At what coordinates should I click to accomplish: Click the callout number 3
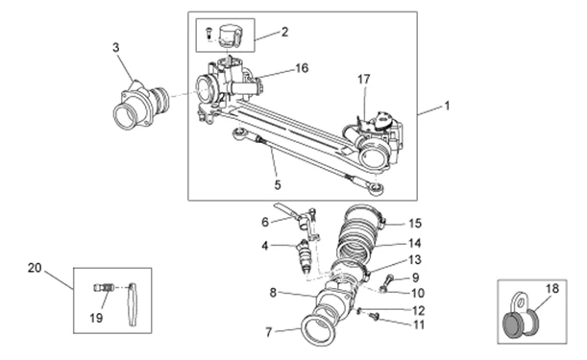coord(116,48)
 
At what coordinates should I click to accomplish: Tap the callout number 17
coord(363,80)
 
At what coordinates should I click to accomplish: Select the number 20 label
coord(35,268)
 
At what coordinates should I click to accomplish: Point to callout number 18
coord(552,289)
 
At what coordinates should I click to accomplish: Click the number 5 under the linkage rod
coord(278,185)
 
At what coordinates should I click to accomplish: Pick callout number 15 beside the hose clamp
coord(415,224)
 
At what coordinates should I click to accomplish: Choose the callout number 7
coord(268,332)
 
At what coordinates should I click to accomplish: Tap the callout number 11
coord(419,324)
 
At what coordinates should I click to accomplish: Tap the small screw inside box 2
coord(208,33)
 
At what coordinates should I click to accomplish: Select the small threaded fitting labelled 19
coord(104,288)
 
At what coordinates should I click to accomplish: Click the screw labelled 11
coord(374,317)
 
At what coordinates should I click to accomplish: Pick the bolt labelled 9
coord(387,283)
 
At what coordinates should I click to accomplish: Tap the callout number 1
coord(446,106)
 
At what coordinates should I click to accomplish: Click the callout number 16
coord(302,68)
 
